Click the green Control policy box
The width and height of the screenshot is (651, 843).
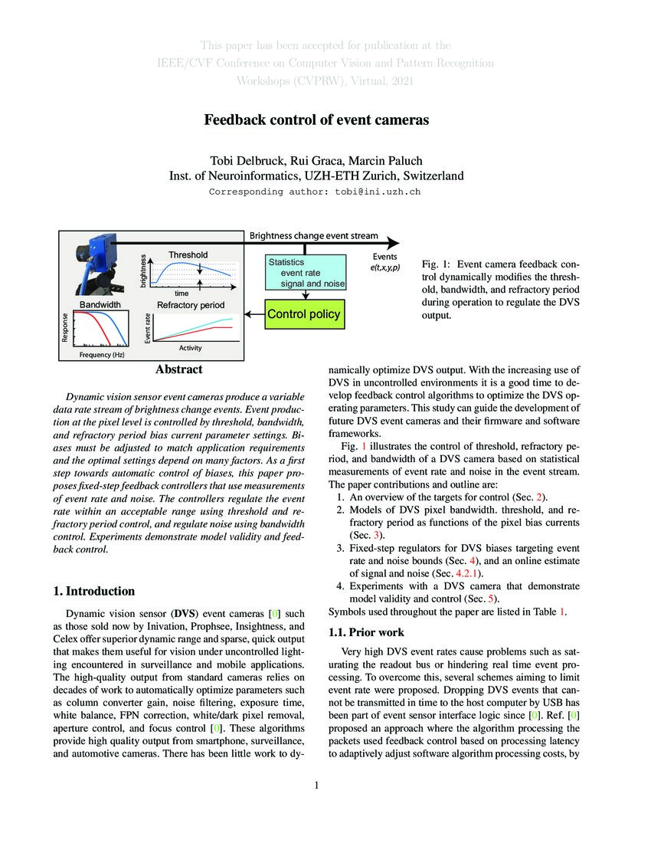click(x=303, y=314)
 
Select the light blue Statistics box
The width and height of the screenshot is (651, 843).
click(x=306, y=273)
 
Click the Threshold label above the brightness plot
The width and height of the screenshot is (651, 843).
click(x=188, y=254)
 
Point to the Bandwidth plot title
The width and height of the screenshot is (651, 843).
click(x=100, y=304)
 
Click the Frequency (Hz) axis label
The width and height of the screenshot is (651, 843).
click(x=102, y=356)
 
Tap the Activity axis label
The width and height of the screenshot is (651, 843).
click(x=190, y=348)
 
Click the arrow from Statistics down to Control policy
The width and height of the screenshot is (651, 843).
click(x=306, y=295)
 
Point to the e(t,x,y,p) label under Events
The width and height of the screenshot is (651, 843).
click(x=384, y=267)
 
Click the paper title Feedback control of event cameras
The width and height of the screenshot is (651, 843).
click(x=316, y=120)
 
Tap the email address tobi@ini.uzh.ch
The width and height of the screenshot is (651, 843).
click(x=378, y=192)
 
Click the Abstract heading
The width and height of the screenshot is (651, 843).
click(x=179, y=370)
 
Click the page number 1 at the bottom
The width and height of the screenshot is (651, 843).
click(x=316, y=786)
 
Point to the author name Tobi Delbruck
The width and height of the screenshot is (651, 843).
click(x=241, y=160)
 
